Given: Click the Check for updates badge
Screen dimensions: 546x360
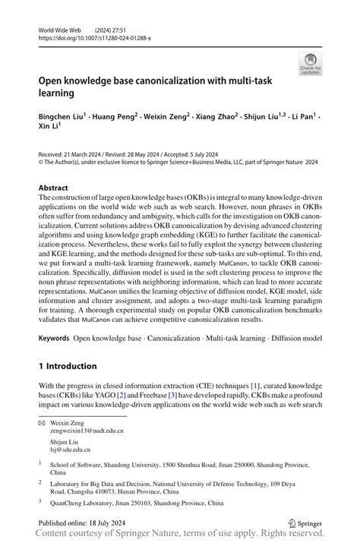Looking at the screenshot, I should [310, 63].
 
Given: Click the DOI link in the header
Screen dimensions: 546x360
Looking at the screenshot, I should [95, 37].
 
